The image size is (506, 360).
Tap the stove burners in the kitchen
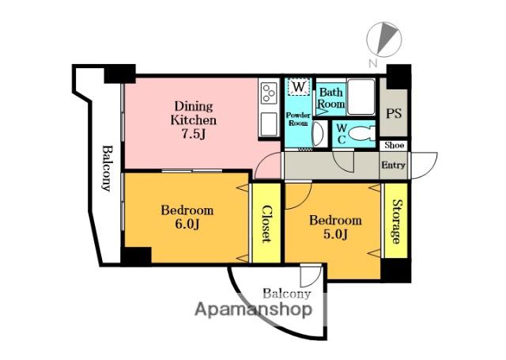[269, 93]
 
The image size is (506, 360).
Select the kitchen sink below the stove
[269, 124]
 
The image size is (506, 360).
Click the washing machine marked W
[299, 87]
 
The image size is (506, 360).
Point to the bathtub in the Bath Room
[361, 97]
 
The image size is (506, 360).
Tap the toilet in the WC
[362, 133]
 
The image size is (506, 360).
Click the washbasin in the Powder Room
[318, 134]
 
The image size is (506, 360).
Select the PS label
[394, 113]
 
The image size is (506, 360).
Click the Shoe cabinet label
[394, 146]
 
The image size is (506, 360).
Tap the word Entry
[393, 165]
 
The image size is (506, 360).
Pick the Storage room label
[396, 222]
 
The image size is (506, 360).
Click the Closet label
[266, 223]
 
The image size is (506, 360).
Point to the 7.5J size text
[194, 134]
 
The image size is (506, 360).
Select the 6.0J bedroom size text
[187, 224]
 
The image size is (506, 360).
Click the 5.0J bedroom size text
[335, 234]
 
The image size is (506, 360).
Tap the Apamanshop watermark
[253, 309]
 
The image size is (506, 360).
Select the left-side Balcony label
[107, 169]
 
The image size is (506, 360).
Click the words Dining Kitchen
[194, 113]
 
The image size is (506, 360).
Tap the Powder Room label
[298, 119]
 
